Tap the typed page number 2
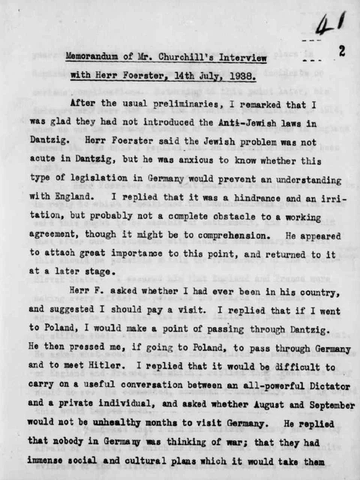pos(341,52)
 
